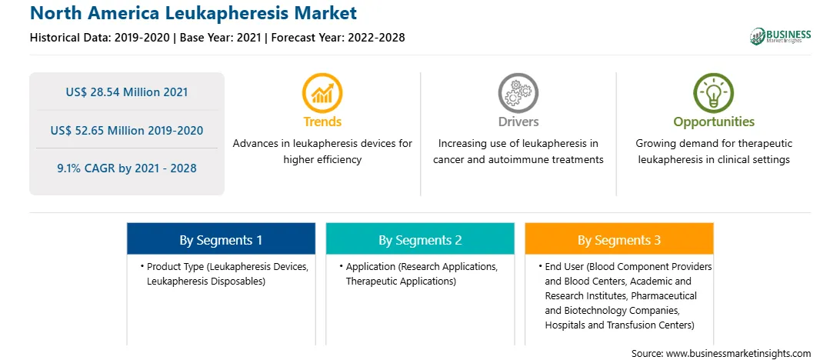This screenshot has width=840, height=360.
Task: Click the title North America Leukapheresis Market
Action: [x=193, y=13]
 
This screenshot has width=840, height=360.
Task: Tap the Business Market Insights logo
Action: [x=780, y=36]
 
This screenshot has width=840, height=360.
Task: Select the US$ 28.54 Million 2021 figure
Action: [x=127, y=92]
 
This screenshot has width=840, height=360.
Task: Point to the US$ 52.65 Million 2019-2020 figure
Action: [x=127, y=130]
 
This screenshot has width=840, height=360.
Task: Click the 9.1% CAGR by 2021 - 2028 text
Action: [x=127, y=168]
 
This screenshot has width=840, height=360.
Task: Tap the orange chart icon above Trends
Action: [x=322, y=92]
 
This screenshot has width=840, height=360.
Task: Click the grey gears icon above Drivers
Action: [x=518, y=92]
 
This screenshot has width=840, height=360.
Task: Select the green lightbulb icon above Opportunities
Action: [x=714, y=92]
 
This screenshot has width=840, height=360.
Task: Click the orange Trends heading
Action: [x=322, y=122]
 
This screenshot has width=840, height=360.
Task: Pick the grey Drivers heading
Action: [x=518, y=122]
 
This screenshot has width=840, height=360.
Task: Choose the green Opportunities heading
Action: [x=714, y=122]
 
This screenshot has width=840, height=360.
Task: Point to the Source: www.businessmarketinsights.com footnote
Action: [x=721, y=354]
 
